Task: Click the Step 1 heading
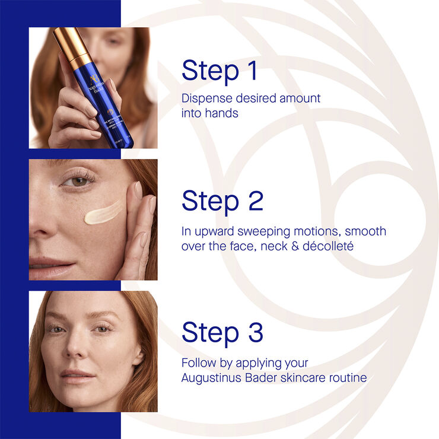click(x=220, y=70)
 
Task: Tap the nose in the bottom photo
click(x=77, y=350)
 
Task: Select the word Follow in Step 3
click(x=198, y=363)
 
